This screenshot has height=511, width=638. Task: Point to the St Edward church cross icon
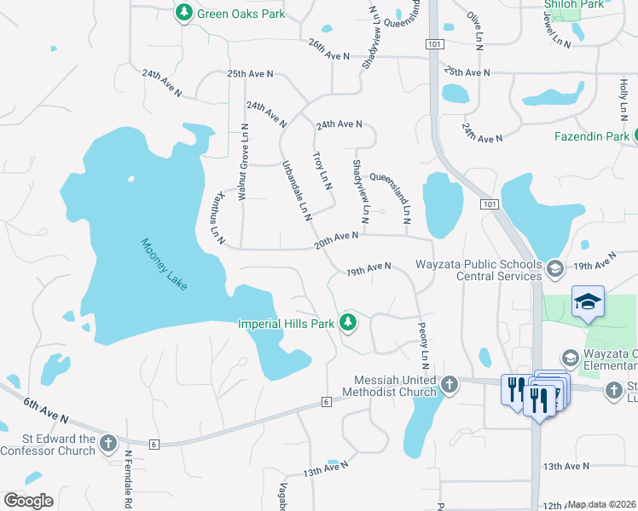point(107,443)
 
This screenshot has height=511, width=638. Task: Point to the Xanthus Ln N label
point(217,217)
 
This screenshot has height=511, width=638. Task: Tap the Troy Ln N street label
point(322,170)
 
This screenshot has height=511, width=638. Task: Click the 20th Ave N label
point(335,240)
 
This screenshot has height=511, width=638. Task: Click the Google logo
point(28,501)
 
